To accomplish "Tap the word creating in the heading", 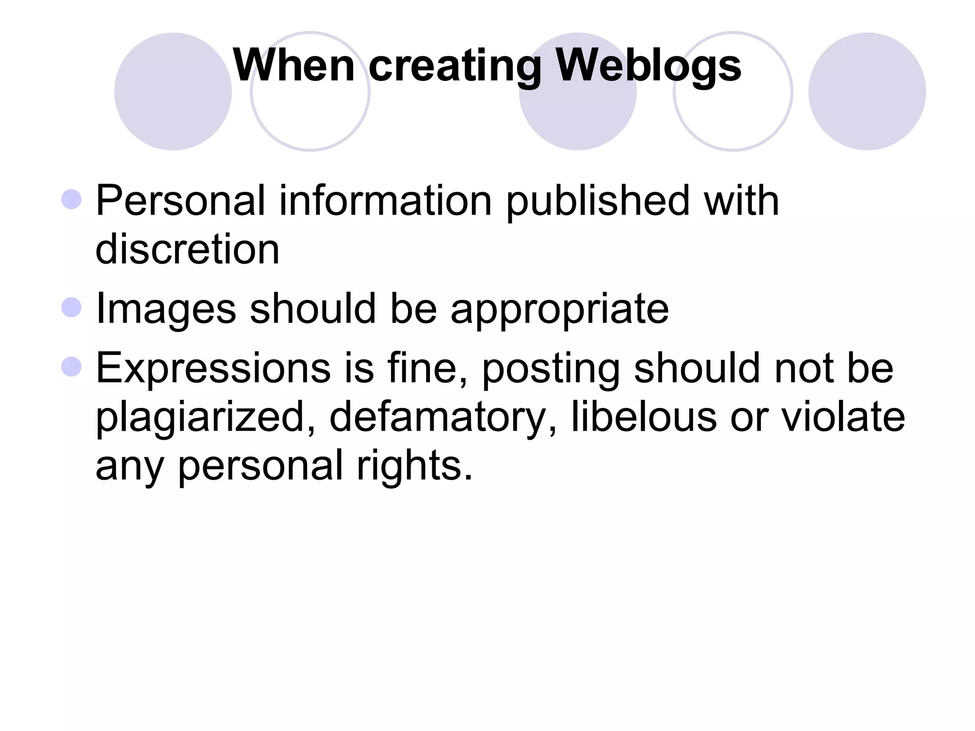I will pos(455,67).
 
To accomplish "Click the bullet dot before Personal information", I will pos(71,199).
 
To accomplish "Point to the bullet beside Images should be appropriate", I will pos(71,307).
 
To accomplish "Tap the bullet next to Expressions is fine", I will pos(71,366).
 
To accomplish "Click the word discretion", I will pos(188,249).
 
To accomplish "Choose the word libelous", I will pos(644,416).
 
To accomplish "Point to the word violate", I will pos(843,416).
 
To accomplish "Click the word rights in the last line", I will pos(415,466).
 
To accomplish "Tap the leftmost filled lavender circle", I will pos(173,91).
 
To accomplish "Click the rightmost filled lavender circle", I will pos(866,91).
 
